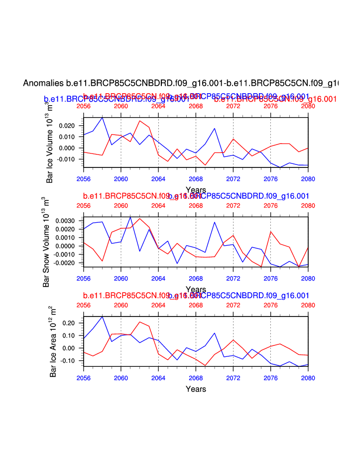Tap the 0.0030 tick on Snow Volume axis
coord(66,221)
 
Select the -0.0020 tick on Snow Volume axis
coord(65,263)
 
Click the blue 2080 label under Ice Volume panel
coord(308,179)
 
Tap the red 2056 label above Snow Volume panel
coord(84,205)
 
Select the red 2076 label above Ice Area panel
coord(270,305)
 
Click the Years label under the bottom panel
coord(196,389)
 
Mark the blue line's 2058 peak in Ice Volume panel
coord(103,118)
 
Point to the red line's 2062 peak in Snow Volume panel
coord(140,219)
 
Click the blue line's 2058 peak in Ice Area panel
coord(103,316)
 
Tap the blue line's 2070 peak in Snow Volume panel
coord(215,222)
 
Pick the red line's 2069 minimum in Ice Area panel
coord(205,365)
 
